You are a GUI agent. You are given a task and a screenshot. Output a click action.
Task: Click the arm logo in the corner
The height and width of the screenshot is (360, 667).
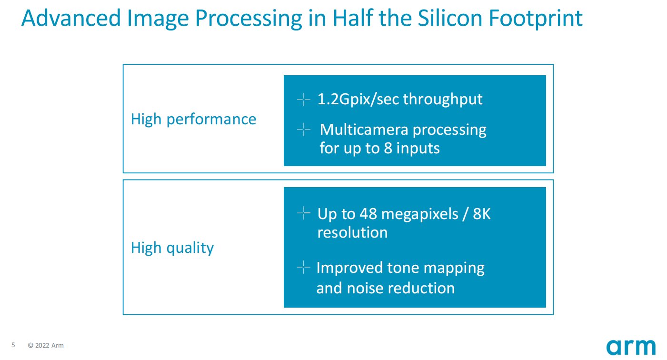coord(631,347)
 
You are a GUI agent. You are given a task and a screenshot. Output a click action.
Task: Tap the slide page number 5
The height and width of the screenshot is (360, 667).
coord(13,345)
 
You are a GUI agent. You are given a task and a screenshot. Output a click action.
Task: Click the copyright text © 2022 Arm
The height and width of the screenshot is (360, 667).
coord(46,345)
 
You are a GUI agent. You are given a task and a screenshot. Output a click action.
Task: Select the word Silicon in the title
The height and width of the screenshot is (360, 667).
coord(450,18)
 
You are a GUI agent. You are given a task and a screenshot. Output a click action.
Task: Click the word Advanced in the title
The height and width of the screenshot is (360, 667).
coord(71,18)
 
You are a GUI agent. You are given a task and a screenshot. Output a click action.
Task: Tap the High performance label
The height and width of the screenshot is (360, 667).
coord(194,120)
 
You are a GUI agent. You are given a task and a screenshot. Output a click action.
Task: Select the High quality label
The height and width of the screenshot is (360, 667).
coord(172,248)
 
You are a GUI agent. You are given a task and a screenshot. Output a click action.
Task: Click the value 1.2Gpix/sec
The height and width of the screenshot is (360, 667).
coord(358,99)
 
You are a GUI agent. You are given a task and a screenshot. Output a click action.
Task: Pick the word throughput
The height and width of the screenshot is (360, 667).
coord(443,99)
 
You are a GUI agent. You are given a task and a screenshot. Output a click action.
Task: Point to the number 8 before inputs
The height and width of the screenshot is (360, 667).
coord(388,148)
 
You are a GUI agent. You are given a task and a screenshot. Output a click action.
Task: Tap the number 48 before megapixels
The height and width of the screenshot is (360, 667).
coord(368,214)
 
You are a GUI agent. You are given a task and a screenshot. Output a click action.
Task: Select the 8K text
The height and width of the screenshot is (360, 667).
coord(481,214)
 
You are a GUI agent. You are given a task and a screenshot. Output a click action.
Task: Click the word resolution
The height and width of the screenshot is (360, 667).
coord(353,232)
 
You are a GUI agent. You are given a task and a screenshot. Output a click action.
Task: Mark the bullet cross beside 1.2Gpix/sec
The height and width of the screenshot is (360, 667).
coord(303,100)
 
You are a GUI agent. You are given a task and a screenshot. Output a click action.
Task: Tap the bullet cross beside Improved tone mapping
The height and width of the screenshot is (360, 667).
coord(303,268)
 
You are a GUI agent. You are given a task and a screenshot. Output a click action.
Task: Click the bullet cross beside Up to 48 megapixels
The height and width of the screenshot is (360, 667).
coord(303,213)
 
